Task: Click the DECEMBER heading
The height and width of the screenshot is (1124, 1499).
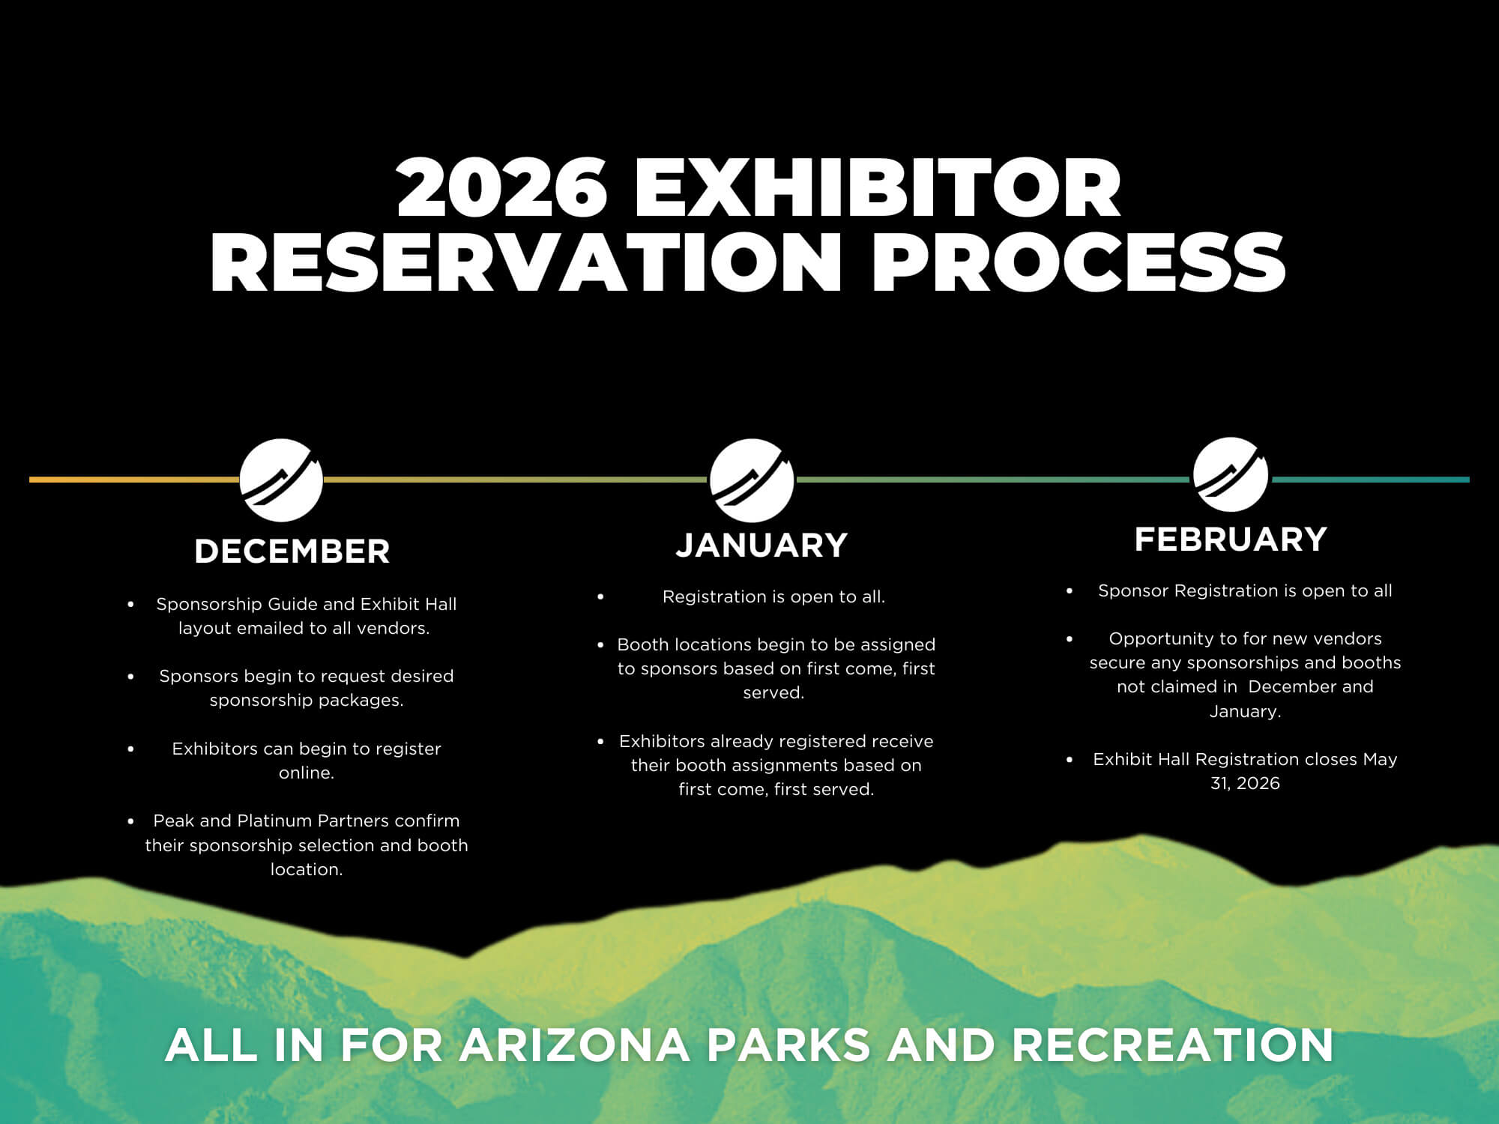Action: pos(292,552)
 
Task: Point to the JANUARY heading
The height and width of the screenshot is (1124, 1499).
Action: pos(761,545)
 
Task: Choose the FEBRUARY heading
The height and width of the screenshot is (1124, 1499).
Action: pos(1231,540)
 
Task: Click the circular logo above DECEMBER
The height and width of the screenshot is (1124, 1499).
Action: pos(281,480)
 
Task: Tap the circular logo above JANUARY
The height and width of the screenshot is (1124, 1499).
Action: pos(752,480)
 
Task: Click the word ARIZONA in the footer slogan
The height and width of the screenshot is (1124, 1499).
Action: pos(574,1045)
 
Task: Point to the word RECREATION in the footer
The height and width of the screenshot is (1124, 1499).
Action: pos(1173,1045)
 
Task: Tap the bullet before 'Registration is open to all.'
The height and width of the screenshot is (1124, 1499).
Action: pos(600,597)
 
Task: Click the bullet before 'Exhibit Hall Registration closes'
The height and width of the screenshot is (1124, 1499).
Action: pos(1070,760)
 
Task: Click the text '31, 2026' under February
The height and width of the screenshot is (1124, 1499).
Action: pos(1245,783)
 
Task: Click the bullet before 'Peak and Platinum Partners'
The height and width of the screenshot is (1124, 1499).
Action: pos(131,821)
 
